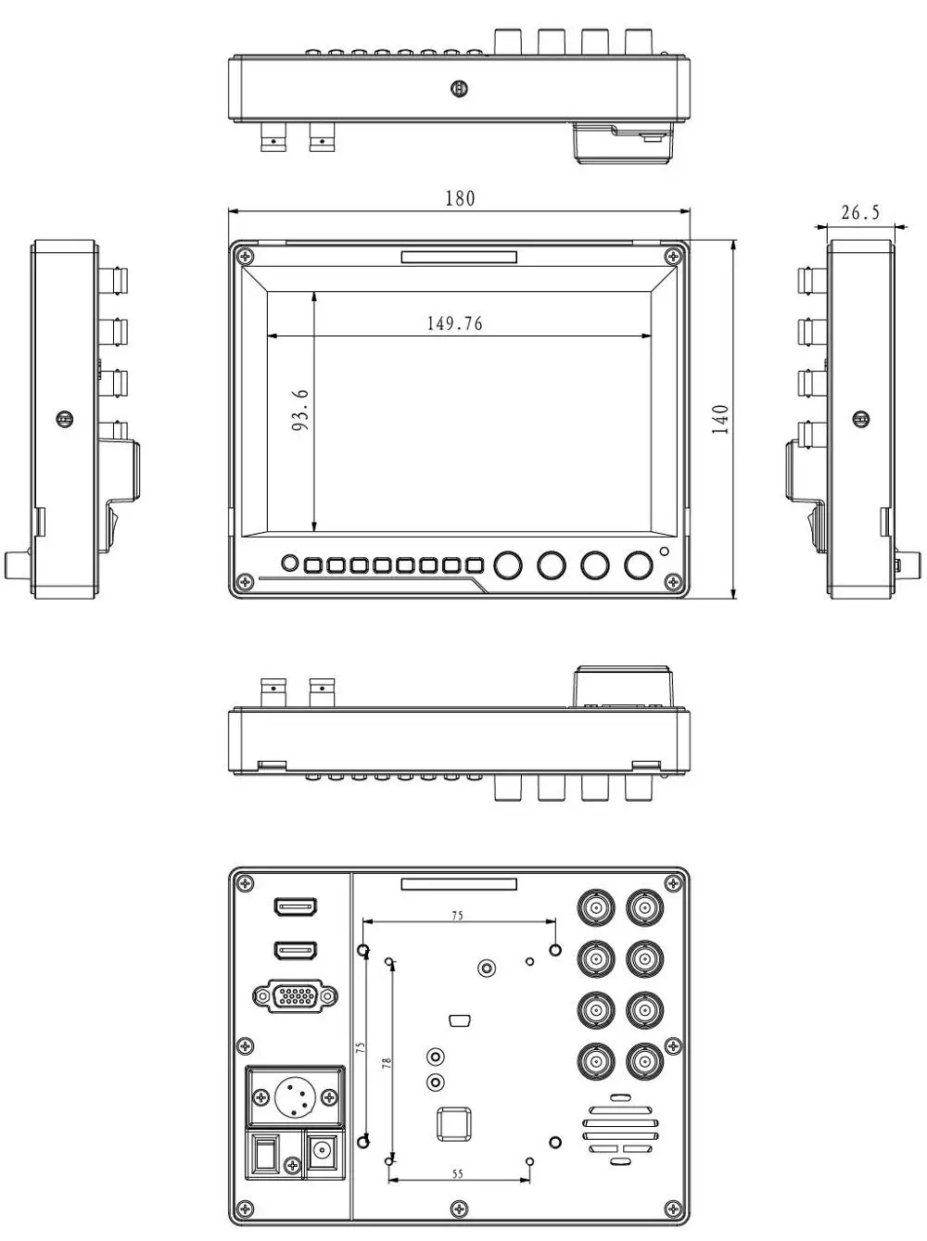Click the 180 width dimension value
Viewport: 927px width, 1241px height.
coord(460,198)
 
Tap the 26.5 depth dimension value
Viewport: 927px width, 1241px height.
coord(860,212)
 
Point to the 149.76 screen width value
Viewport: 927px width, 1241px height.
coord(454,323)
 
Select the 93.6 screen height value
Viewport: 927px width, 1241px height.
coord(300,410)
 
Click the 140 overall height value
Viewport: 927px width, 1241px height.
coord(720,419)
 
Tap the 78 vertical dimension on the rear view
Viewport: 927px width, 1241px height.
coord(387,1063)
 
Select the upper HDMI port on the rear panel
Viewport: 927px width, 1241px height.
coord(296,907)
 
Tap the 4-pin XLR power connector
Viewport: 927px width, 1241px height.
coord(295,1098)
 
